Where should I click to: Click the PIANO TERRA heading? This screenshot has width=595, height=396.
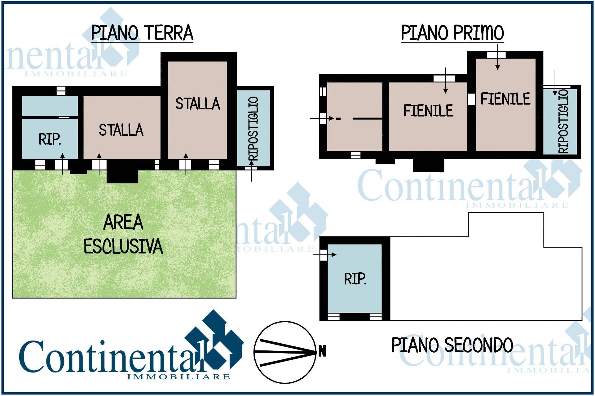point(142,33)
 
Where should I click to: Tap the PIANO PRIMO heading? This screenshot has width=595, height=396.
point(452,33)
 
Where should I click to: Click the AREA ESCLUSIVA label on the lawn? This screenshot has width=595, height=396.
point(123,234)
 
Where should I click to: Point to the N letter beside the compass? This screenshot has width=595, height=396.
point(322,352)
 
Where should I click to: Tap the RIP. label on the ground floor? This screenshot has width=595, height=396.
point(50,139)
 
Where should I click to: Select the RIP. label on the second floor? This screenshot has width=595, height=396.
point(355,279)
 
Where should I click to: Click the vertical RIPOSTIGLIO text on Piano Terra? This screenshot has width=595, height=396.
point(253,129)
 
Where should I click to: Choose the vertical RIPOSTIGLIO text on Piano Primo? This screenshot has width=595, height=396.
point(563,121)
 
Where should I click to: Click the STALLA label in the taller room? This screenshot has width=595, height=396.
point(198,104)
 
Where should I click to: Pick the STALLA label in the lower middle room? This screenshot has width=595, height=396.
point(121,130)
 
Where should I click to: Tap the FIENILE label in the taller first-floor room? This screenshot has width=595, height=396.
point(505,99)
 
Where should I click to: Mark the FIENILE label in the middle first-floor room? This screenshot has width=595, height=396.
point(428,111)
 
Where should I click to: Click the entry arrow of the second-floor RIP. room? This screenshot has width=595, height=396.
point(324,255)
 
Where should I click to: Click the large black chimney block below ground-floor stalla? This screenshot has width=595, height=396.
point(122,172)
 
